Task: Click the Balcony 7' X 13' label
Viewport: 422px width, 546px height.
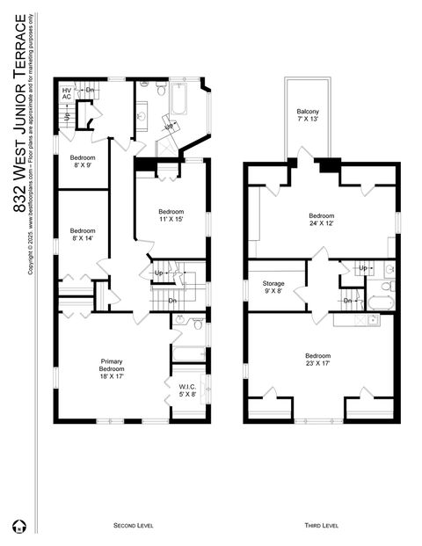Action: [x=308, y=115]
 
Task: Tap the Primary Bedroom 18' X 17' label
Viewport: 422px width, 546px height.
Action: [x=112, y=368]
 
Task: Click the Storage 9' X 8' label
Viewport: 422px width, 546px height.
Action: [x=273, y=287]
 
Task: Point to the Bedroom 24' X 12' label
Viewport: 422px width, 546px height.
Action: [x=321, y=219]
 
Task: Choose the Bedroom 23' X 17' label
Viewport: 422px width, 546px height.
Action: [x=321, y=359]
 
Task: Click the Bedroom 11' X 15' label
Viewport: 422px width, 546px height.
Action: [x=171, y=215]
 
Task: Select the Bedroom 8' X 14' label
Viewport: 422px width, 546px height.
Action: [x=83, y=234]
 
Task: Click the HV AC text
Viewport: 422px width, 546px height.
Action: [x=67, y=93]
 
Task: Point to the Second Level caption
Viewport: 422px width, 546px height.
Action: [x=135, y=525]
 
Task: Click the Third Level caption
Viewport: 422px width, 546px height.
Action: [x=321, y=525]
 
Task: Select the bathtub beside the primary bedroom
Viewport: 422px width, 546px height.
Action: [x=187, y=353]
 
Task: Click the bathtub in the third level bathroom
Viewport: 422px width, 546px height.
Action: [x=380, y=303]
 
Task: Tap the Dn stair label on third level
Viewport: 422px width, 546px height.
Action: [x=348, y=301]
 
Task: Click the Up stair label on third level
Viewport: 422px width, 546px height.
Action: [x=362, y=267]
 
